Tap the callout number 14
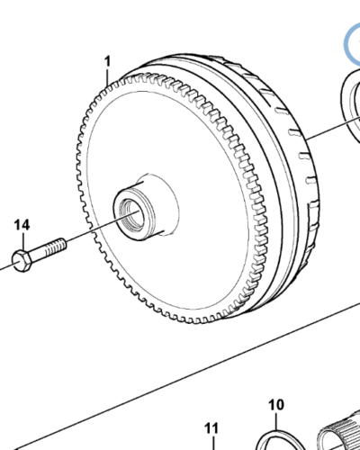click(22, 223)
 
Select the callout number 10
click(276, 405)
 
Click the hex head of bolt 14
click(22, 260)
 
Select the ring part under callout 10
click(275, 438)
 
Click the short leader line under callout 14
click(23, 239)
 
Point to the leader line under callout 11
click(211, 441)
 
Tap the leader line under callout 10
click(276, 419)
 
